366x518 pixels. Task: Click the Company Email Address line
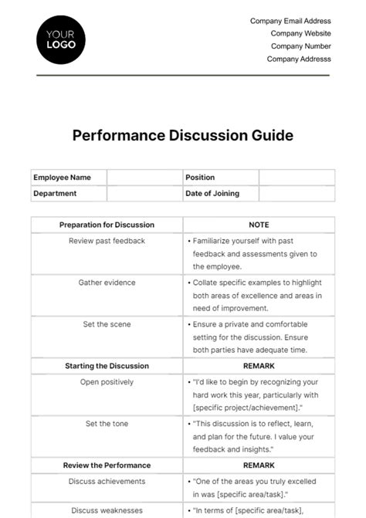point(290,22)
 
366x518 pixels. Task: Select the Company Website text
point(300,34)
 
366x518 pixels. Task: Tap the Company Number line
point(300,46)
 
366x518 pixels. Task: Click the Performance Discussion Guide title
point(182,135)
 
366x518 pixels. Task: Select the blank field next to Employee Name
point(144,178)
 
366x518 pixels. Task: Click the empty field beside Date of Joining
point(297,194)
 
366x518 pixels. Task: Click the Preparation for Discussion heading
point(107,225)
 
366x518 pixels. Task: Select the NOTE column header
point(259,225)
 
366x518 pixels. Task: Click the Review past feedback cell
point(107,241)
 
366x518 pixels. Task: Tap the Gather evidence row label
point(107,283)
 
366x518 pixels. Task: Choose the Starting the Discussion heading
point(107,366)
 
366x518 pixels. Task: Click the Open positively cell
point(107,382)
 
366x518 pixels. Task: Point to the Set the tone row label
point(107,424)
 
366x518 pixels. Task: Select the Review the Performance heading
point(107,466)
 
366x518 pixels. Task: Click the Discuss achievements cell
point(107,482)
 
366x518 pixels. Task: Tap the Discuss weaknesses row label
point(107,510)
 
